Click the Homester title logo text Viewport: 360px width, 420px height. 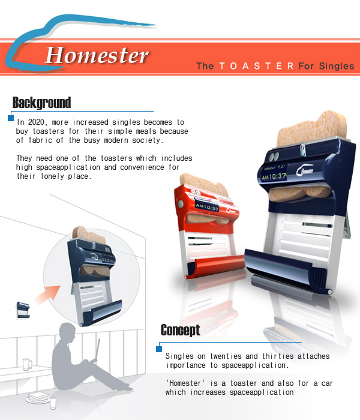click(96, 55)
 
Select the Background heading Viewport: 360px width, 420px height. click(41, 102)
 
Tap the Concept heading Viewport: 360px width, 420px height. click(180, 329)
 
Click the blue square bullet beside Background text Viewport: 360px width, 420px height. click(11, 118)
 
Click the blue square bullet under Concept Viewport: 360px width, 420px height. click(159, 349)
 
